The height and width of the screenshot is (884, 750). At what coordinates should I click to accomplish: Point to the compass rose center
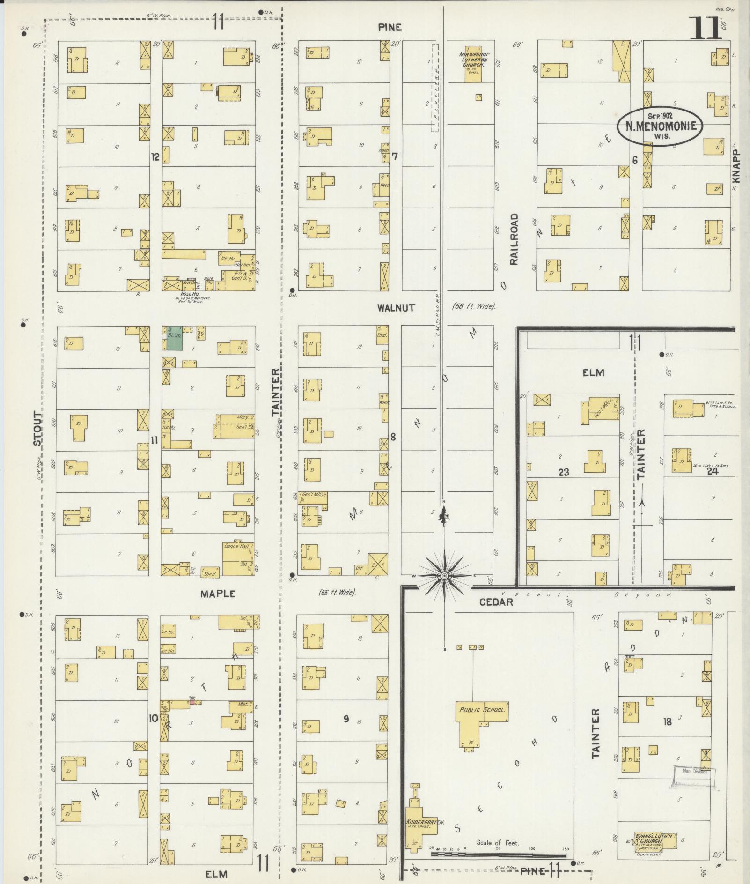[x=443, y=575]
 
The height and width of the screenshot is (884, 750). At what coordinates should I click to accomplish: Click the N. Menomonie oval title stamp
[x=660, y=126]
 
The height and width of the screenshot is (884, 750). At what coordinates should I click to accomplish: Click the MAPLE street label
[x=217, y=594]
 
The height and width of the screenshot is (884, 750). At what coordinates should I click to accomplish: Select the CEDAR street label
[x=496, y=602]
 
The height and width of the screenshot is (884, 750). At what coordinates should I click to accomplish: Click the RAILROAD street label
[x=515, y=239]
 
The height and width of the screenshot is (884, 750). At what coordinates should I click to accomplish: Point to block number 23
[x=563, y=472]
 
